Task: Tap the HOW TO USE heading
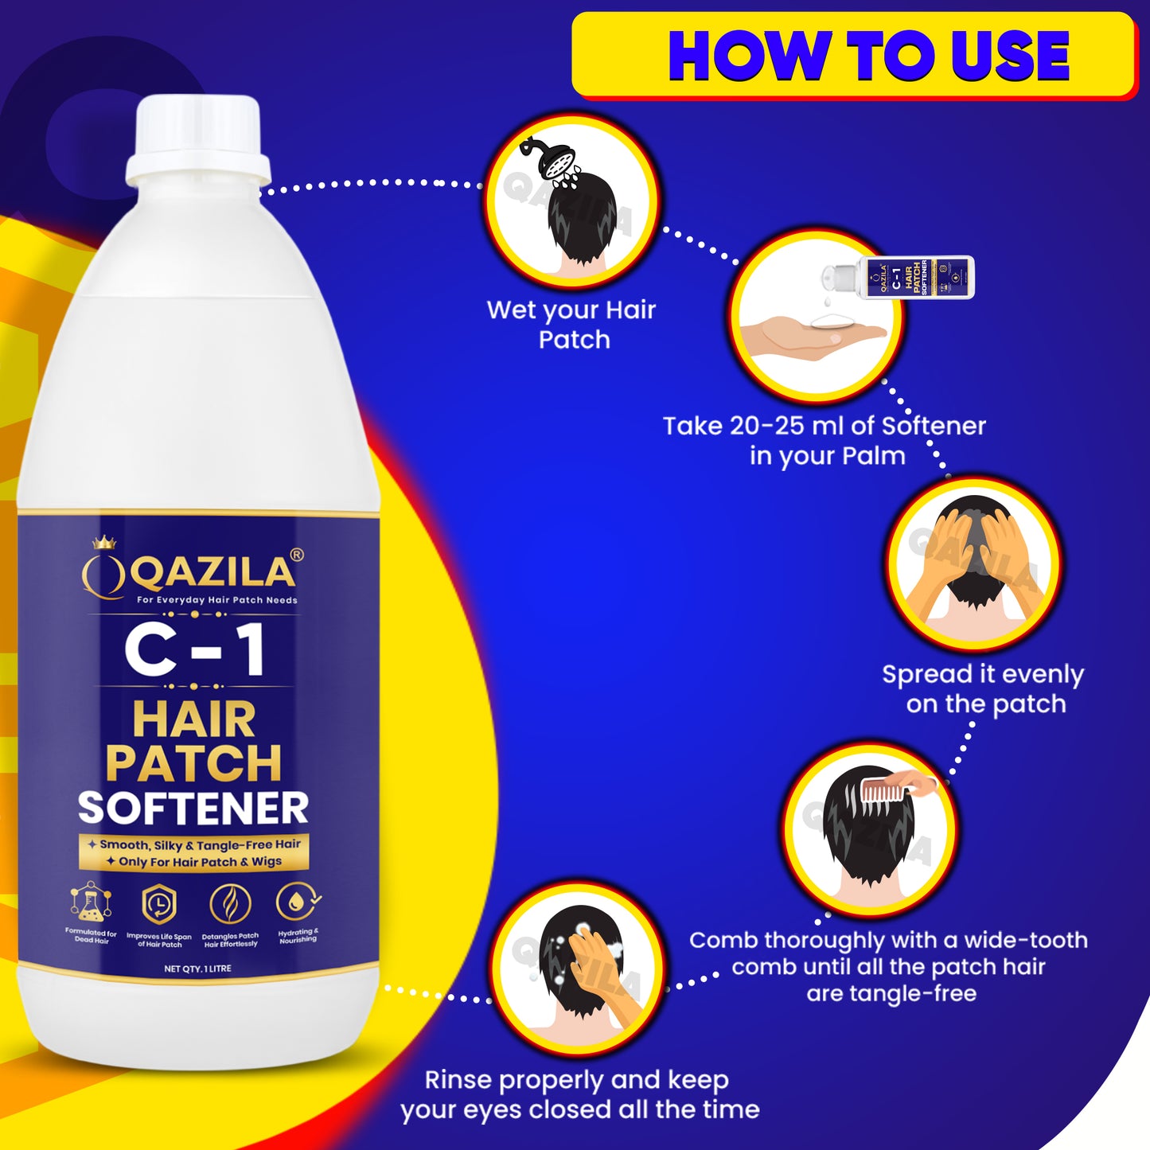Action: [868, 57]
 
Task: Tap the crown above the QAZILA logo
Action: [104, 543]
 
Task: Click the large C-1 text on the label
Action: [195, 650]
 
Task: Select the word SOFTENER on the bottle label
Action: [193, 809]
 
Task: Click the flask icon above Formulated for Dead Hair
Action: [91, 903]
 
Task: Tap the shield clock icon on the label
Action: [159, 905]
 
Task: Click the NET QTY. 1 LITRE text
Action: [197, 969]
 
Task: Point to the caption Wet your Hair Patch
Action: [571, 324]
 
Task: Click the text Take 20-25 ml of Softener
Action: [824, 427]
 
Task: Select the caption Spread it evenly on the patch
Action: [984, 688]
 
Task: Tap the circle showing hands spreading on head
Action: [973, 564]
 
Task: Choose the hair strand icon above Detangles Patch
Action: [230, 905]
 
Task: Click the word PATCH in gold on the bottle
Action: [193, 763]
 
